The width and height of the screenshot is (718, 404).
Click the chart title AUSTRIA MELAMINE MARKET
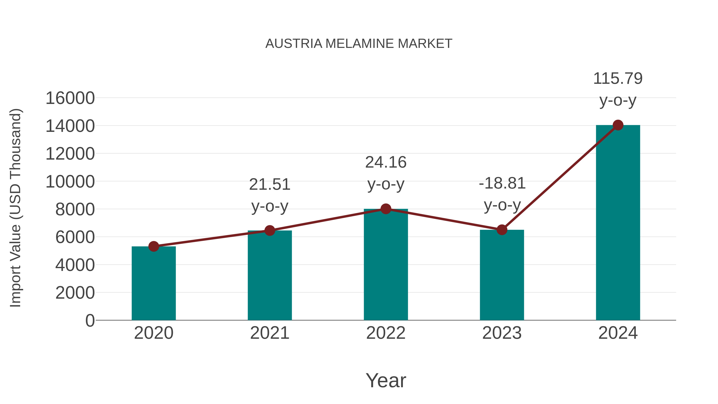359,44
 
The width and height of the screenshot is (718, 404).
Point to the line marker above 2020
154,246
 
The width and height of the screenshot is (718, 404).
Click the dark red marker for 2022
386,209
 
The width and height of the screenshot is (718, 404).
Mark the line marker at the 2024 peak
618,125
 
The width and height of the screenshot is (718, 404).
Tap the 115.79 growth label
618,78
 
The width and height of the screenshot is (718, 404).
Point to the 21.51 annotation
269,184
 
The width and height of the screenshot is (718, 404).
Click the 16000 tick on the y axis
70,98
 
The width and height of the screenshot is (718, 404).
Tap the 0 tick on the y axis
90,320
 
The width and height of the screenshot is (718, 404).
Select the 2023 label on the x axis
502,333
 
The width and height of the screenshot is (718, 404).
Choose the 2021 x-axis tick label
269,333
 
